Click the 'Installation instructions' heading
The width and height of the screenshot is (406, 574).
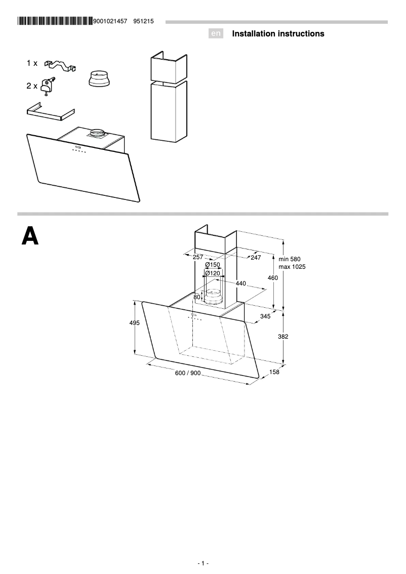tap(278, 34)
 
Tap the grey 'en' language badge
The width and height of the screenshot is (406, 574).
tap(216, 34)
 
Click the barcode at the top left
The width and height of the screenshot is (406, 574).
tap(55, 21)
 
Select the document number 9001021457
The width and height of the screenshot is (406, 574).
tap(110, 21)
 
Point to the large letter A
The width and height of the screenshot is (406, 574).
tap(30, 236)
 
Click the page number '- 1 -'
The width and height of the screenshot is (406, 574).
tap(202, 563)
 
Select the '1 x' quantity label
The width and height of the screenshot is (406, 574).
tap(32, 63)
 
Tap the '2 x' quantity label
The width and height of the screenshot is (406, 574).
tap(32, 87)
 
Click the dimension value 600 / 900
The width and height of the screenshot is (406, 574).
tap(188, 373)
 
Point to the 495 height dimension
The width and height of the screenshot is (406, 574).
tap(135, 323)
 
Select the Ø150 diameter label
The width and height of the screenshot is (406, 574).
tap(212, 265)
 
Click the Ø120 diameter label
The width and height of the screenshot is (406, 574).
tap(212, 273)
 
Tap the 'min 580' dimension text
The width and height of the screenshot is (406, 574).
tap(290, 259)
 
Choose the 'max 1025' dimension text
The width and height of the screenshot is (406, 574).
tap(292, 266)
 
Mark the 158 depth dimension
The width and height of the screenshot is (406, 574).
tap(274, 372)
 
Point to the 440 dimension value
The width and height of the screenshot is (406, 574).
tap(240, 283)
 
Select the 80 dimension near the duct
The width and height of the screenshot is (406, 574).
tap(197, 297)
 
